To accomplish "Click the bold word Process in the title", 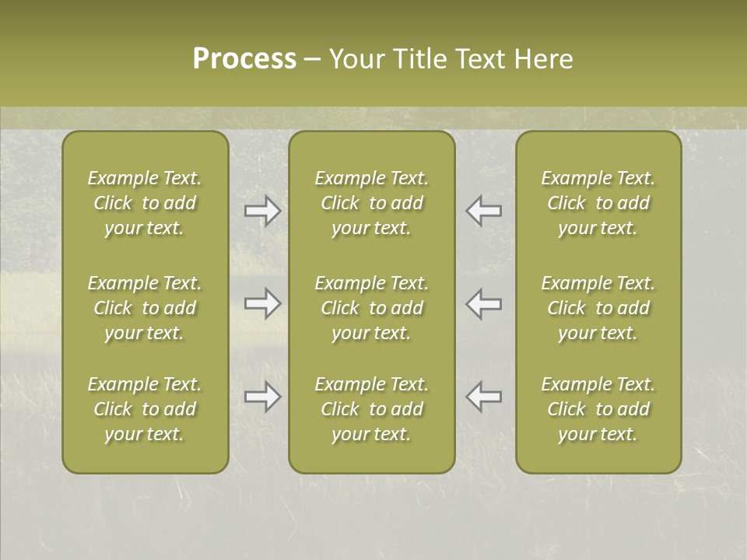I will [244, 59].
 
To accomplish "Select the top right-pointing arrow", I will [262, 211].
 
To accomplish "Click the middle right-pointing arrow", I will [262, 303].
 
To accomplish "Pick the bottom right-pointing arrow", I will [262, 397].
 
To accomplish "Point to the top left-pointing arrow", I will [484, 211].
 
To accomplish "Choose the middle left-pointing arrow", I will [484, 303].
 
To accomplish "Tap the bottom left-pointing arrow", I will [484, 397].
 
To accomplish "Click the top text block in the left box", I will [145, 203].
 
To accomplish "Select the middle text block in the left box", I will [145, 308].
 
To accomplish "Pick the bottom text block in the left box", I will [145, 409].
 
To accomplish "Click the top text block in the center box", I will [371, 203].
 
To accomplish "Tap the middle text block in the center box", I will [371, 308].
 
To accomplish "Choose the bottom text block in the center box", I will [371, 409].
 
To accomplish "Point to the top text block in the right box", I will [598, 203].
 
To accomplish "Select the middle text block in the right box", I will [598, 308].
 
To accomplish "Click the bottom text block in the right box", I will [598, 409].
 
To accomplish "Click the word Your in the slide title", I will [356, 59].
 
